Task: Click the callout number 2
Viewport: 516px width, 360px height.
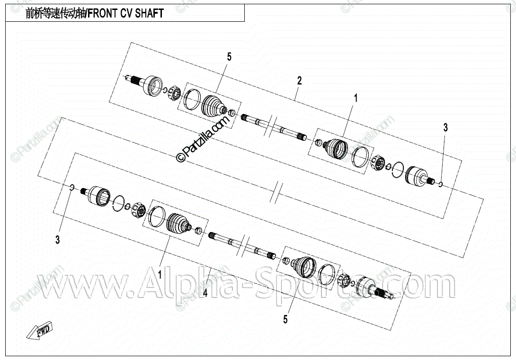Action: pos(299,80)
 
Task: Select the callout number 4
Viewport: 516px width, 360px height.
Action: pos(205,293)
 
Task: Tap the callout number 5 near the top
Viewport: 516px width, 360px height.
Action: pos(229,57)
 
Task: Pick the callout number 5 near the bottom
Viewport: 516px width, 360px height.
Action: pos(285,320)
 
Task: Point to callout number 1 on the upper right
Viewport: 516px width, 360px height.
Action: pos(356,98)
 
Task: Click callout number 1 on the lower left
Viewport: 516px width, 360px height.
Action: pos(160,274)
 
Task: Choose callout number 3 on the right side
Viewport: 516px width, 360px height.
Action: pos(445,127)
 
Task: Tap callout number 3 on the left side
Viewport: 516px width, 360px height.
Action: pos(57,240)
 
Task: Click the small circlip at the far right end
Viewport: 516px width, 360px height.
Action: pos(440,184)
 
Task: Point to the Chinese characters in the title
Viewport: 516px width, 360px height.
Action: pos(55,13)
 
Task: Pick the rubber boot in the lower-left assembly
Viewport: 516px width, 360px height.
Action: pos(178,223)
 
